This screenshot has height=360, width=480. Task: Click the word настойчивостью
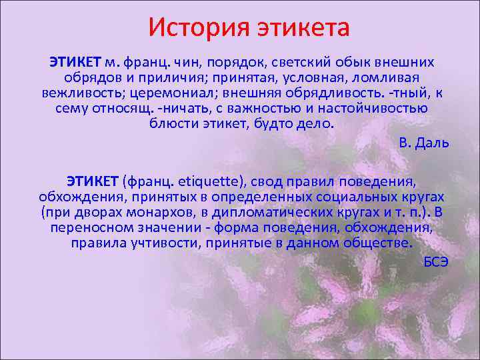pos(373,108)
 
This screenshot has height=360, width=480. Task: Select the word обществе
pos(380,243)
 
